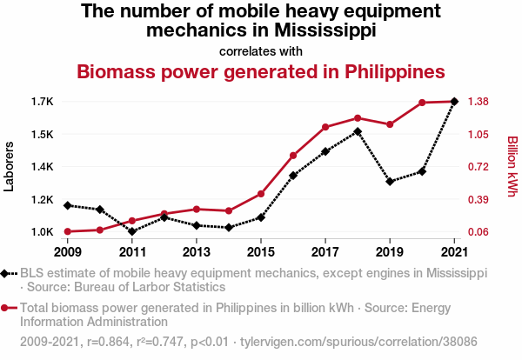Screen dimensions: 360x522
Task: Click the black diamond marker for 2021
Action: [454, 102]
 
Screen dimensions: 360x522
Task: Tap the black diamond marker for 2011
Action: [132, 231]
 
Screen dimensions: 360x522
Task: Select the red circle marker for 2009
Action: [68, 231]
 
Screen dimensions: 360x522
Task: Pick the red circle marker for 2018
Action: [358, 118]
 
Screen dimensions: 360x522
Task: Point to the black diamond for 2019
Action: [390, 182]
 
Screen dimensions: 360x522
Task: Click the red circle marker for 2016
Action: [293, 156]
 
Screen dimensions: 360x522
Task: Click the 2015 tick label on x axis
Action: [261, 252]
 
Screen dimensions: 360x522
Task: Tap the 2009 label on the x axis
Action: [68, 252]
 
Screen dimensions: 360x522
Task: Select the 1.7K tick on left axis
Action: [41, 102]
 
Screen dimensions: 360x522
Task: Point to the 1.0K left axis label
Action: [41, 232]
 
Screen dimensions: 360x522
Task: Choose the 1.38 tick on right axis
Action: [480, 102]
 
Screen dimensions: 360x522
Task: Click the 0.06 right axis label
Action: [480, 232]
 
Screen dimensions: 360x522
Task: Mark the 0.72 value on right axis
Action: [480, 167]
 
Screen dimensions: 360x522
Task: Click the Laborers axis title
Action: [10, 167]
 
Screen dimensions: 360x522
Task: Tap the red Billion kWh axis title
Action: [512, 167]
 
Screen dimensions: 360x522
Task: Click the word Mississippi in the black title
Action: [325, 30]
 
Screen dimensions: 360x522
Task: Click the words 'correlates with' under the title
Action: [261, 50]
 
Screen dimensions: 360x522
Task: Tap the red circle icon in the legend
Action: [7, 308]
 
